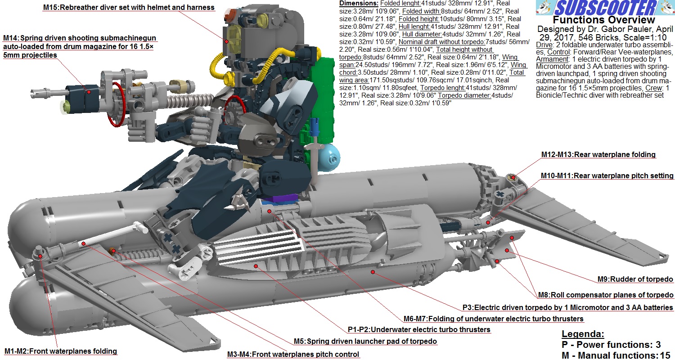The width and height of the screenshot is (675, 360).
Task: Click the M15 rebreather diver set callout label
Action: coord(129,7)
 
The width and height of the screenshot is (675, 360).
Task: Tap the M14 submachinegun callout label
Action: coord(80,46)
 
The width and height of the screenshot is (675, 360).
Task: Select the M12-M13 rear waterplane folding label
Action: coord(598,154)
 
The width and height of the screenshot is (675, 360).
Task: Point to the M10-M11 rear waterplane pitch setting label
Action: coord(607,175)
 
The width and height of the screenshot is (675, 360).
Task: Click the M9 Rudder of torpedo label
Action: coord(635,279)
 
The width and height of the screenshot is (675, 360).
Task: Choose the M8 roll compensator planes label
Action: coord(606,295)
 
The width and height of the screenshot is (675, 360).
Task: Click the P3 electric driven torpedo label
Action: coord(568,308)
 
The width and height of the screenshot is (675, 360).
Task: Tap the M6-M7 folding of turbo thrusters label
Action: coord(494,319)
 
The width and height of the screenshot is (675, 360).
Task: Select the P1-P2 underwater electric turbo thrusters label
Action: coord(419,329)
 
